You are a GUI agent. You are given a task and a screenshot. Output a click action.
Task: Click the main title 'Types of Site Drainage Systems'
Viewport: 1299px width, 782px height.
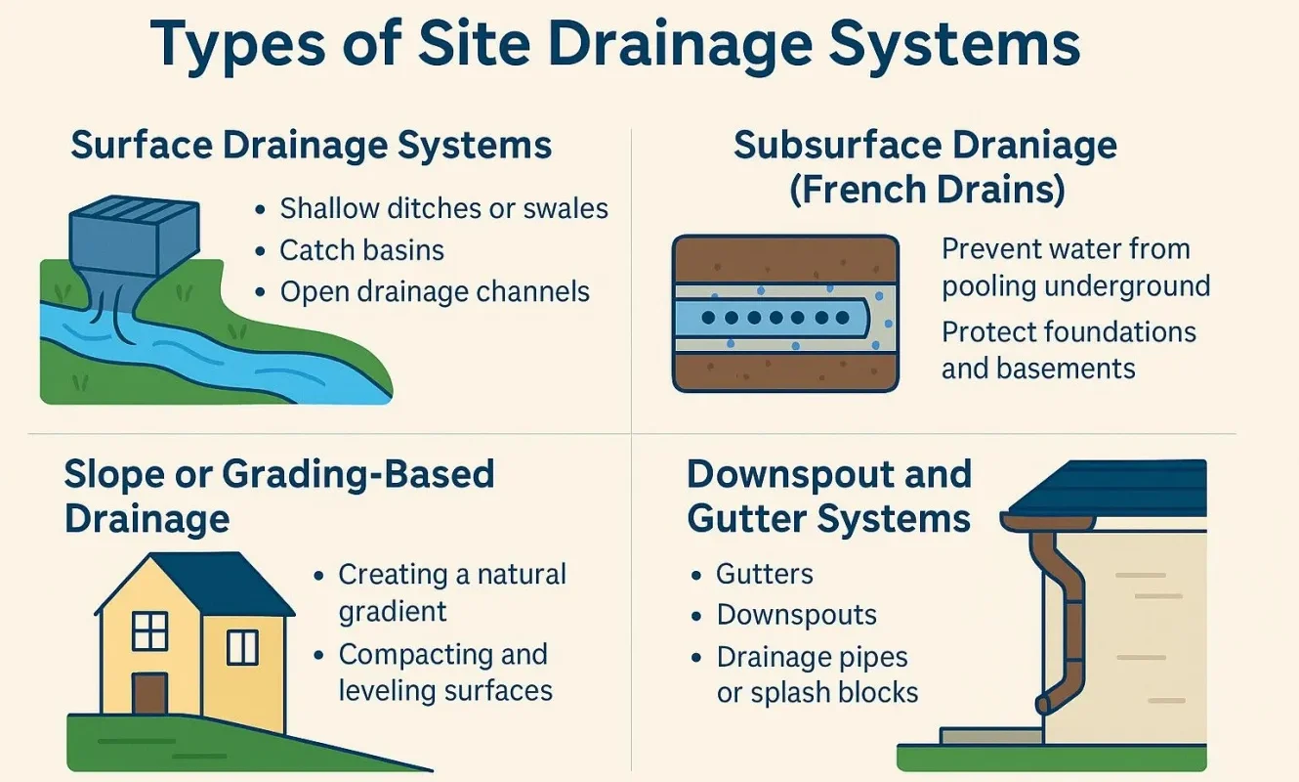pyautogui.click(x=615, y=46)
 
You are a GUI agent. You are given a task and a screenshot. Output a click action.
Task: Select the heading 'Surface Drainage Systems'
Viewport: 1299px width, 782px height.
pyautogui.click(x=312, y=147)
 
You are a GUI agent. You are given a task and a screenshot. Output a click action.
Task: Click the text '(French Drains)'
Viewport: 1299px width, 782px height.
pyautogui.click(x=926, y=189)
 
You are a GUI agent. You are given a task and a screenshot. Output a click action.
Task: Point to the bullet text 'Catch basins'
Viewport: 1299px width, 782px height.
pyautogui.click(x=361, y=250)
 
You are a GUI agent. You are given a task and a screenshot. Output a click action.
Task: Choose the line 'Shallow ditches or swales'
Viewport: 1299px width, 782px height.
pyautogui.click(x=443, y=208)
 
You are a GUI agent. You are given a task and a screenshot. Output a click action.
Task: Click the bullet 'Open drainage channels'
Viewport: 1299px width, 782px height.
pyautogui.click(x=435, y=291)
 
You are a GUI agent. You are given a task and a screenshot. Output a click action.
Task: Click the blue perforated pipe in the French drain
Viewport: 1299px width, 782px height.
pyautogui.click(x=772, y=318)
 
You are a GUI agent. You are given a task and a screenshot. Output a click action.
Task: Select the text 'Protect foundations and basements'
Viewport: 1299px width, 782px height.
pyautogui.click(x=1068, y=350)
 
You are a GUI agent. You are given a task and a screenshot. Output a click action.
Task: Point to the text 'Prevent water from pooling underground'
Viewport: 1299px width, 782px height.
pyautogui.click(x=1074, y=267)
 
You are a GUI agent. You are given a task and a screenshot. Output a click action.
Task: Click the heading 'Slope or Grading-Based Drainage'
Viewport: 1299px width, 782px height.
pyautogui.click(x=279, y=495)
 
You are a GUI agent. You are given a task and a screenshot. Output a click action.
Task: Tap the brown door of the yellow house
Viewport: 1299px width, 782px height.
pyautogui.click(x=148, y=692)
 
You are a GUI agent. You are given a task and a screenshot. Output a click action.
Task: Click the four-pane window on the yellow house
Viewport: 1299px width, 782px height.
pyautogui.click(x=150, y=630)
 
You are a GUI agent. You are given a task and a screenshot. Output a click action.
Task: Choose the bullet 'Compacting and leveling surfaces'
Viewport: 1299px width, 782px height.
pyautogui.click(x=444, y=673)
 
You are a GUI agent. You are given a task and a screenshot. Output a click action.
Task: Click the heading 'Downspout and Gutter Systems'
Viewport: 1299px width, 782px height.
pyautogui.click(x=829, y=496)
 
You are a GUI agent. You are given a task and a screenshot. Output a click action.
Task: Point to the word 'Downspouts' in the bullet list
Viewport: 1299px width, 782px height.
pyautogui.click(x=796, y=615)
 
